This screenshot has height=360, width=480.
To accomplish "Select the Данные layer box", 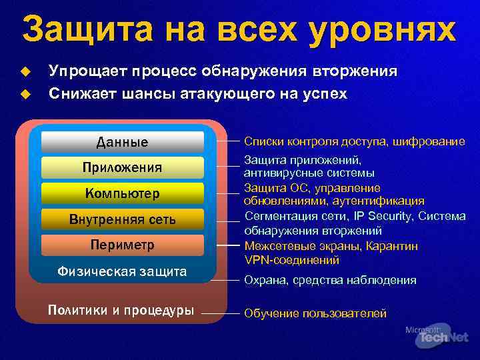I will click(x=122, y=142).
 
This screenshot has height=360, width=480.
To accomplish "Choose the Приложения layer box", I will click(x=122, y=167).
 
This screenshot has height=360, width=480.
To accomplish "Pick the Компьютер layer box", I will click(x=122, y=193).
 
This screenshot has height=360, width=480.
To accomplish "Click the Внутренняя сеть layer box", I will click(x=122, y=219).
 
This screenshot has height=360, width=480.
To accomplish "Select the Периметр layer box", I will click(x=122, y=245).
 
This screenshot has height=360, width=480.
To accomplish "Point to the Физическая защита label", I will click(x=122, y=271).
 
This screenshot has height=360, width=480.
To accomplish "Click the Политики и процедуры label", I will click(x=121, y=310).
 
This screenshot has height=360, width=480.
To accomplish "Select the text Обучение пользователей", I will click(x=315, y=313).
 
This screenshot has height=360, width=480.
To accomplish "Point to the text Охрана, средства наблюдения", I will click(x=330, y=280).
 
